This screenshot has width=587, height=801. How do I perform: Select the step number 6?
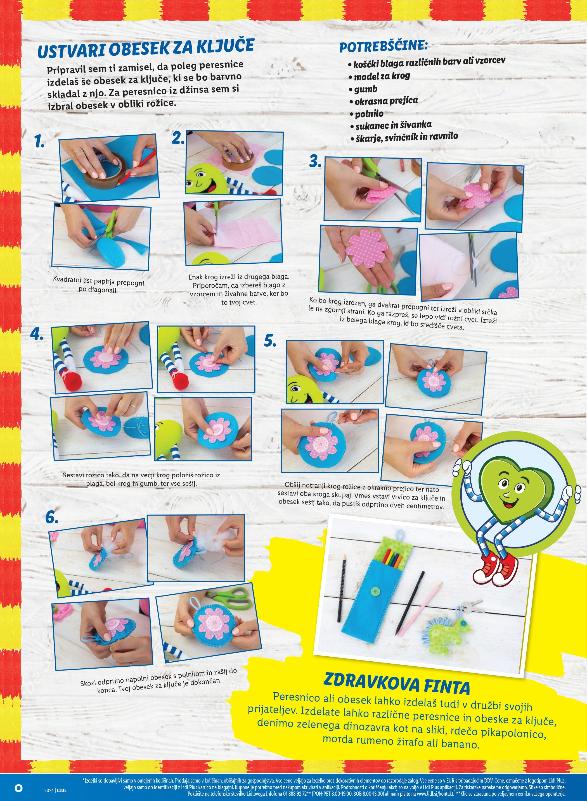click(52, 518)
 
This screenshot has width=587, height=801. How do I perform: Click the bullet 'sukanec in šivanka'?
click(390, 125)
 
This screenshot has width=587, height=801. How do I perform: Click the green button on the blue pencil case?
click(373, 590)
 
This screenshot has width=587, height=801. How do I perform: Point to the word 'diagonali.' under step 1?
click(98, 290)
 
